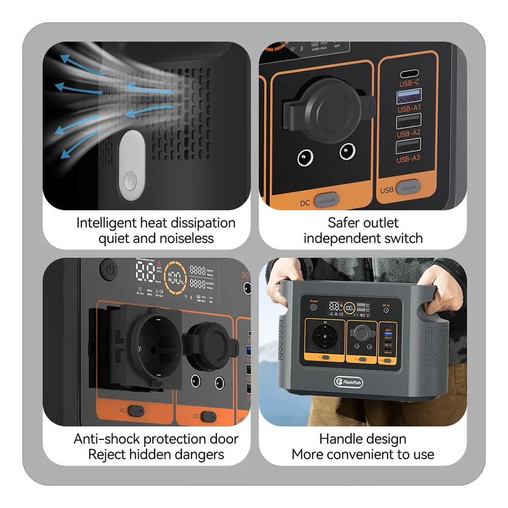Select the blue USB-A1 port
(x=409, y=96)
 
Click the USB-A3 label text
(x=409, y=159)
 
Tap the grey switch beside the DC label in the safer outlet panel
(x=325, y=200)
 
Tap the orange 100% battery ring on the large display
(x=176, y=278)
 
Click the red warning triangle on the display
(x=160, y=264)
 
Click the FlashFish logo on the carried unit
(x=348, y=382)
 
